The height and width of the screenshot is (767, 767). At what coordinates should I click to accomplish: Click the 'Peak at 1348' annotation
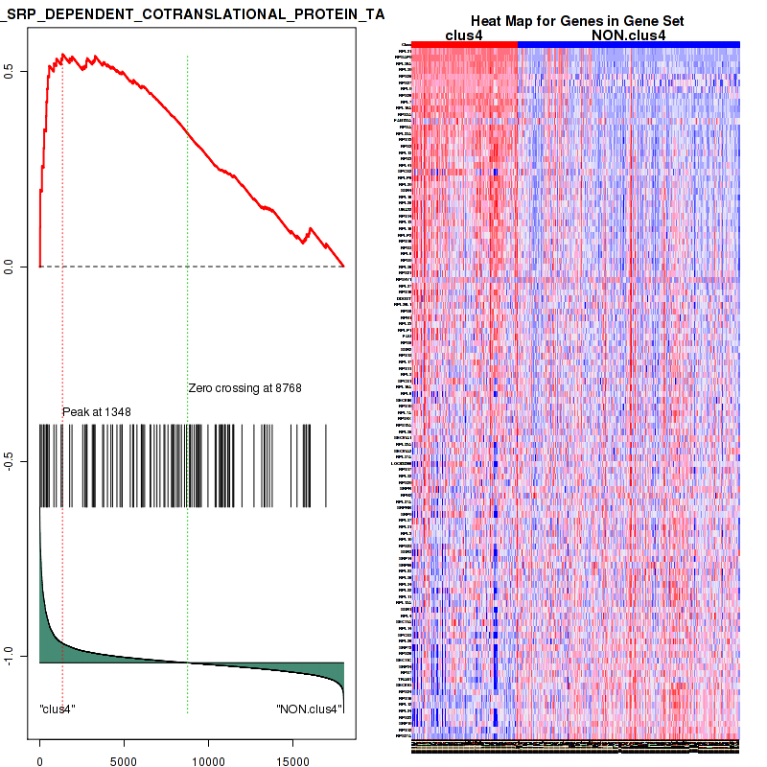97,411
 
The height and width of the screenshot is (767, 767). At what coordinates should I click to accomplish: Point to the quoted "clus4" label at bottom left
58,709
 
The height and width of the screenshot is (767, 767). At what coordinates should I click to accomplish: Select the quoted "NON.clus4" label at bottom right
309,709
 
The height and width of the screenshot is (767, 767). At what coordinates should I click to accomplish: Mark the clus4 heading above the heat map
464,35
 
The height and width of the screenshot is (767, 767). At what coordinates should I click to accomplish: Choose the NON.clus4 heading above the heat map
628,35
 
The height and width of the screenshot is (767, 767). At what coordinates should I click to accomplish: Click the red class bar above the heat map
465,44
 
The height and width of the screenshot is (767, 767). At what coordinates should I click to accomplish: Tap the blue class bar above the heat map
628,44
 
